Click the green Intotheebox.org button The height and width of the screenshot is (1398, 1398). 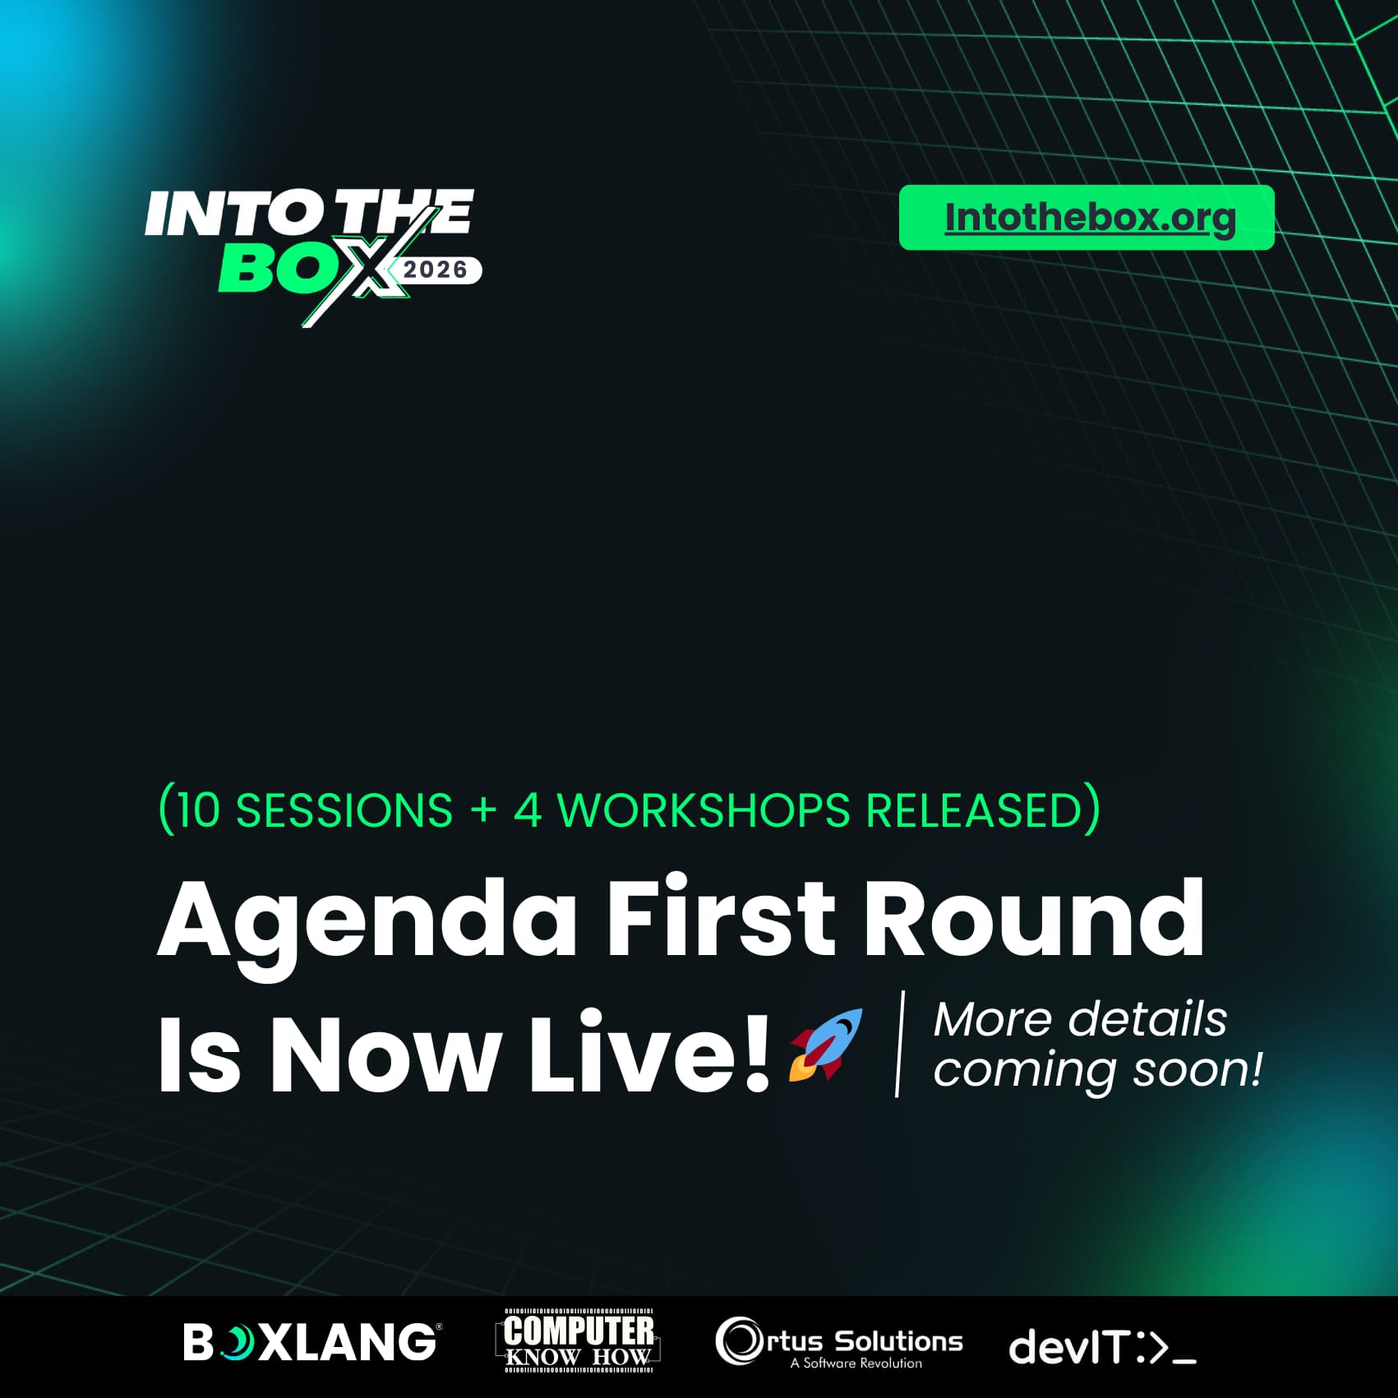1087,217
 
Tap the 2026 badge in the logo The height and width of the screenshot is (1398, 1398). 436,270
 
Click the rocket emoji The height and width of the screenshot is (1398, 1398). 826,1045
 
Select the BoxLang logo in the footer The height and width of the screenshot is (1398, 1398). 311,1341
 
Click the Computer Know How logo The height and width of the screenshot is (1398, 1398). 579,1340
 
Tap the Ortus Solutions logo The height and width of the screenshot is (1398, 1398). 839,1342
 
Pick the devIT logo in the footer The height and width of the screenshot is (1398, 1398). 1102,1348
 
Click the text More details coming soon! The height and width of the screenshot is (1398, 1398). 1097,1044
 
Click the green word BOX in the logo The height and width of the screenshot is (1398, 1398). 312,268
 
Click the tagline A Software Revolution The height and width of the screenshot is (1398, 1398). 856,1363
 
